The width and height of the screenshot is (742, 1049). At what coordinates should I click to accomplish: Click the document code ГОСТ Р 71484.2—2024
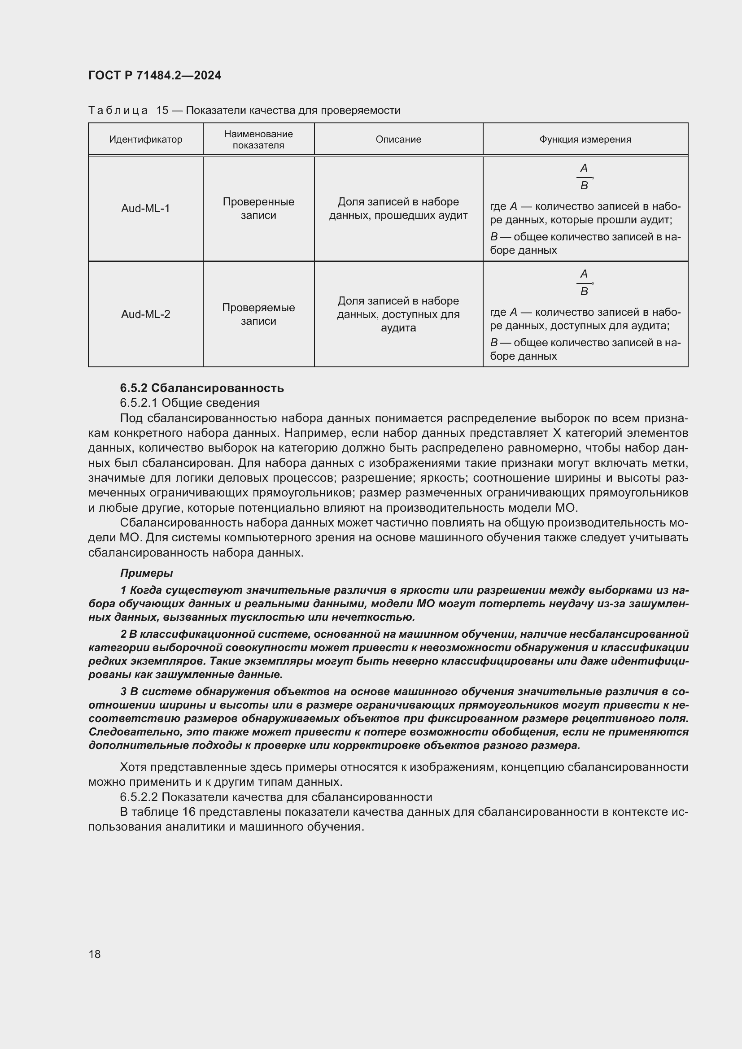click(154, 75)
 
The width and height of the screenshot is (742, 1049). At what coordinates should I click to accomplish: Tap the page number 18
click(95, 954)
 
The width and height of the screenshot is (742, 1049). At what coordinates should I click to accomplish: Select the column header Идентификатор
click(145, 139)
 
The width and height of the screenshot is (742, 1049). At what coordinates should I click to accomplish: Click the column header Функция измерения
click(585, 139)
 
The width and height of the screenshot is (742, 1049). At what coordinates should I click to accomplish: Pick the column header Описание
click(398, 139)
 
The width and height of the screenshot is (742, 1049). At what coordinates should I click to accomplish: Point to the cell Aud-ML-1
click(145, 209)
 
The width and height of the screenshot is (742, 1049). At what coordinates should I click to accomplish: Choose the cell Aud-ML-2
click(145, 314)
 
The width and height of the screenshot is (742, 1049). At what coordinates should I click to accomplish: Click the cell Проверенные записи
click(258, 209)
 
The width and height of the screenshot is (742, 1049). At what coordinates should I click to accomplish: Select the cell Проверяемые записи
click(258, 314)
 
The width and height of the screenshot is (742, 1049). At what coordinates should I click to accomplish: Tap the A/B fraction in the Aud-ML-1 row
click(584, 177)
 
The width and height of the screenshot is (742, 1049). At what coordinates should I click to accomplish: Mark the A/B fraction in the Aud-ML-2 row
click(584, 283)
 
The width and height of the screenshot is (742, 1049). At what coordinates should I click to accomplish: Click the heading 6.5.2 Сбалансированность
click(201, 388)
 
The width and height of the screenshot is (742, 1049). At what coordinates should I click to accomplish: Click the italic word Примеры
click(146, 572)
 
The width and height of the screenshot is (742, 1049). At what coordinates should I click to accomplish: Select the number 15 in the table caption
click(162, 110)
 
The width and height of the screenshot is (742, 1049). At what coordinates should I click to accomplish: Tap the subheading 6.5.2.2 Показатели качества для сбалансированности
click(275, 797)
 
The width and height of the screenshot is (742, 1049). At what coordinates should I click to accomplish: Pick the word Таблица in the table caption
click(118, 110)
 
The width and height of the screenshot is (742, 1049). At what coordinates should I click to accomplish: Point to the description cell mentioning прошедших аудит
click(398, 209)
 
